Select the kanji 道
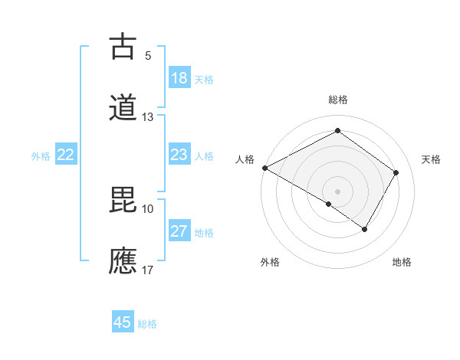pyautogui.click(x=123, y=107)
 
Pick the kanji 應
pyautogui.click(x=123, y=260)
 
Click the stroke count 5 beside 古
pyautogui.click(x=148, y=55)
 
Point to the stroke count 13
pyautogui.click(x=148, y=117)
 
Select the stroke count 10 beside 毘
pyautogui.click(x=148, y=208)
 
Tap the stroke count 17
pyautogui.click(x=148, y=270)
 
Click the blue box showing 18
pyautogui.click(x=179, y=78)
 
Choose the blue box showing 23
pyautogui.click(x=179, y=155)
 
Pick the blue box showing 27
pyautogui.click(x=179, y=231)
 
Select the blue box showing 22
pyautogui.click(x=66, y=155)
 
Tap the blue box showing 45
pyautogui.click(x=123, y=322)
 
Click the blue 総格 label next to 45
pyautogui.click(x=148, y=324)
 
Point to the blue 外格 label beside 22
pyautogui.click(x=41, y=156)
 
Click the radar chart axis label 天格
pyautogui.click(x=432, y=159)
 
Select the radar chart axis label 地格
pyautogui.click(x=402, y=263)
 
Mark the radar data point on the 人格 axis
pyautogui.click(x=264, y=168)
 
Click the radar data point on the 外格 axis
pyautogui.click(x=329, y=204)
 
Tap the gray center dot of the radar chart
pyautogui.click(x=337, y=191)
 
